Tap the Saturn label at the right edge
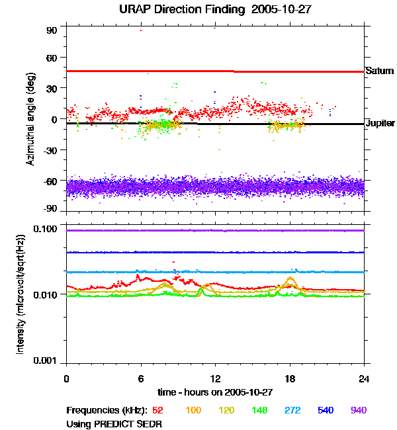pos(379,70)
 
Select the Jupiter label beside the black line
pos(380,124)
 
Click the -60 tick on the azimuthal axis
pos(51,181)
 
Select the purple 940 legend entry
pos(358,411)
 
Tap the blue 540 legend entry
pos(325,411)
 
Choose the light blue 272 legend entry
pos(292,411)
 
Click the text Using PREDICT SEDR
pos(114,423)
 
